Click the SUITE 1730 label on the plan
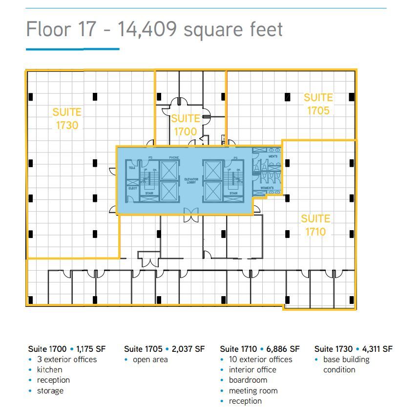[67, 119]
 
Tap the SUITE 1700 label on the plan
[186, 125]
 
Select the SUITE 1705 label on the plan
[318, 104]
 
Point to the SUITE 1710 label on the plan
[315, 225]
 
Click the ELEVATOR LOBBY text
[191, 181]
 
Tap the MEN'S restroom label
[273, 156]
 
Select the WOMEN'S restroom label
[267, 188]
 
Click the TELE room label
[132, 168]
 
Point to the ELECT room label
[132, 188]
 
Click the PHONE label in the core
[174, 157]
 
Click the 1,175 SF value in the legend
[91, 349]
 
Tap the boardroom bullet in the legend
[248, 380]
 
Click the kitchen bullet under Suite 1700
[49, 369]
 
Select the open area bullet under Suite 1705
[150, 359]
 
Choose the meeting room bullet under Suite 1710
[253, 390]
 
